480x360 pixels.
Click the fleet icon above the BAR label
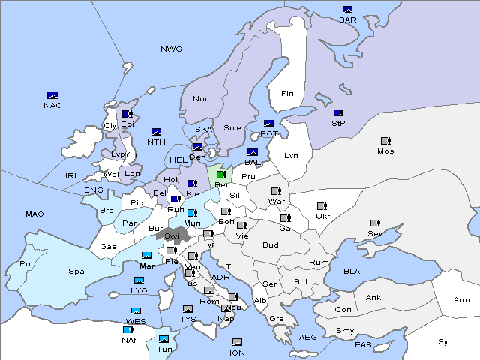347,10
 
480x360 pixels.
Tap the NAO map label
52,105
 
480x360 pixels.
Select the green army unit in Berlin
221,175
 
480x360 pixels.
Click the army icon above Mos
385,141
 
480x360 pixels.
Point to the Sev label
374,233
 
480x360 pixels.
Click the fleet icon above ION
237,342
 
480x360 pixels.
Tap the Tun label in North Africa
164,349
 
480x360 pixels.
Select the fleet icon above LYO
139,280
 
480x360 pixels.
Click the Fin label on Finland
287,94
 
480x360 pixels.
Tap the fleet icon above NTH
157,132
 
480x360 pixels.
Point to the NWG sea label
171,49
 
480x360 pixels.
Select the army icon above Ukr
322,206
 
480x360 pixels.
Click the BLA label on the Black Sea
352,271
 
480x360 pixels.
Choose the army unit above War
276,191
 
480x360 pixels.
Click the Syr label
445,341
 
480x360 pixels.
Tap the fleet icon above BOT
269,124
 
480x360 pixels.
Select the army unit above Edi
127,115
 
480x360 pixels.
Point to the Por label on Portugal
27,264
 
